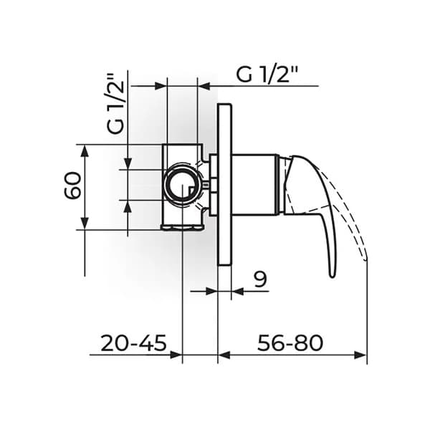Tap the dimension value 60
(x=72, y=187)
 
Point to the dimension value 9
(x=260, y=279)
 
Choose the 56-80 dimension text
(x=291, y=343)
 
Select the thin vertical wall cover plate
(x=224, y=185)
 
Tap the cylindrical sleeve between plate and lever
(x=254, y=184)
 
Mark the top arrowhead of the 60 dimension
(x=85, y=150)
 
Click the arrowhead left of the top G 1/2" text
(x=204, y=86)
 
